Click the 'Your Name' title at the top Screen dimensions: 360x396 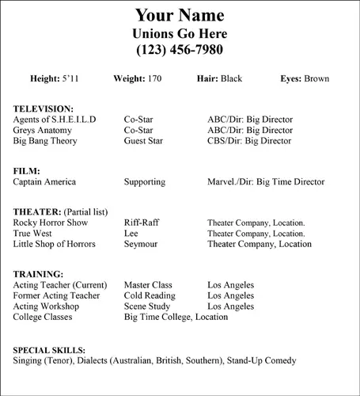click(x=180, y=15)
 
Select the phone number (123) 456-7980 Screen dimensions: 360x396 click(x=180, y=50)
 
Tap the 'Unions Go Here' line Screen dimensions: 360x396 click(x=180, y=33)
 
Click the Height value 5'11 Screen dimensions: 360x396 click(x=70, y=79)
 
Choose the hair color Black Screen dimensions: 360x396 click(x=231, y=79)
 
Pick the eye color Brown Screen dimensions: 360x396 click(x=316, y=79)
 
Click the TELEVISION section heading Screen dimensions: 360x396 click(x=44, y=109)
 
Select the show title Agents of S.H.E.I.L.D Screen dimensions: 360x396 click(x=55, y=120)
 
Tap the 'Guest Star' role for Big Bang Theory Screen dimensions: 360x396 click(x=145, y=141)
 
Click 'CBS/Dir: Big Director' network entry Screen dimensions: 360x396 click(x=250, y=141)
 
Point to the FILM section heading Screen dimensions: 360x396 click(x=27, y=171)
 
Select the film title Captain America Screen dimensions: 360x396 click(x=45, y=182)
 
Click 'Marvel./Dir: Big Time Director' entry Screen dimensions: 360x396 click(x=266, y=182)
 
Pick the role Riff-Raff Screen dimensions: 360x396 click(x=142, y=223)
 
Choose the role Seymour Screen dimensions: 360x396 click(x=142, y=244)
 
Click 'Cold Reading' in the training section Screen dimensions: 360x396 click(x=150, y=295)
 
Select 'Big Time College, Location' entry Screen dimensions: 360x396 click(x=176, y=317)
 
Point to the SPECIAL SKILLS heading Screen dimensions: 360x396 click(x=50, y=349)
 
